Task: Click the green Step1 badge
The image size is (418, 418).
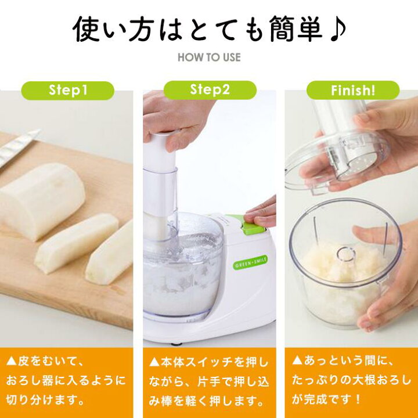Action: [67, 91]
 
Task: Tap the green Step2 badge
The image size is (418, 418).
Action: [210, 90]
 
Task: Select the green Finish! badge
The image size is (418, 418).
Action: [353, 91]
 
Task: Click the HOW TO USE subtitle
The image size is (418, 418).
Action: [209, 57]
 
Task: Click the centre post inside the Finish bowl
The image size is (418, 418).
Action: [345, 255]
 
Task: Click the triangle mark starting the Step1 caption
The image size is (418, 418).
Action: [12, 362]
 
